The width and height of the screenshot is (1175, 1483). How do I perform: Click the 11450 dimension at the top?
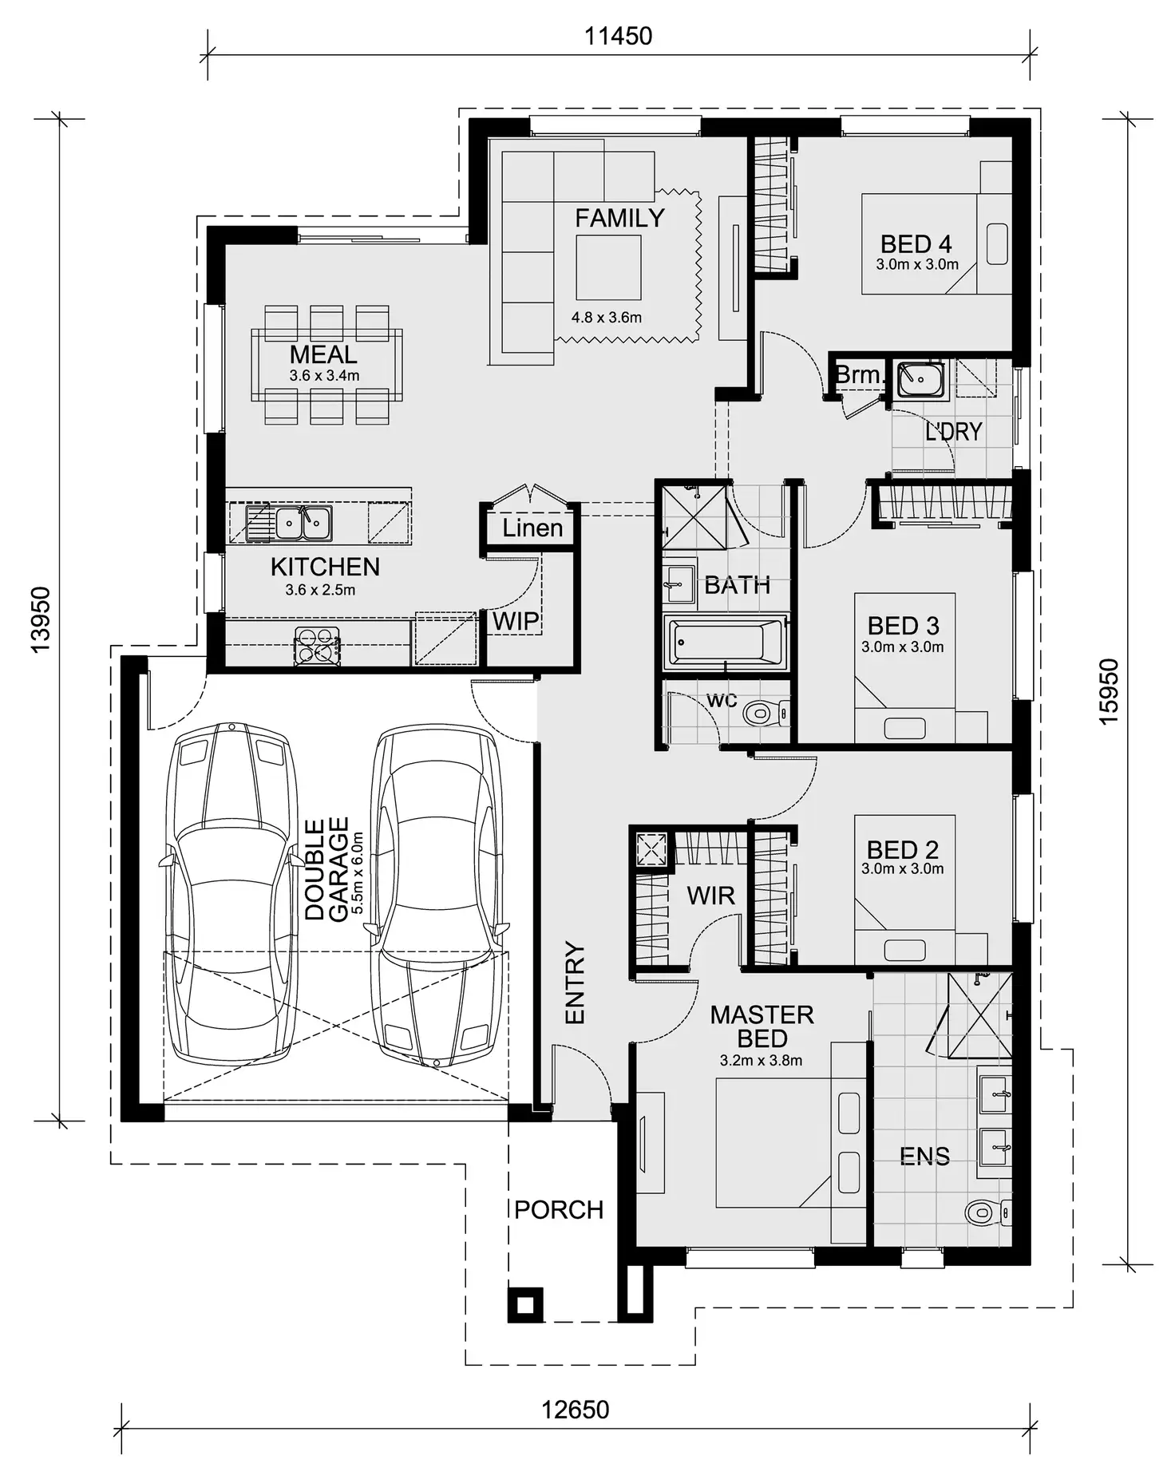pos(618,36)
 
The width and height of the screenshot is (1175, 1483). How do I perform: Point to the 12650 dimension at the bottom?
pos(575,1410)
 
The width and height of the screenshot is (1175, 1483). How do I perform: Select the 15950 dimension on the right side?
pos(1110,691)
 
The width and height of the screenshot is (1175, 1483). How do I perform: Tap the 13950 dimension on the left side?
pos(40,619)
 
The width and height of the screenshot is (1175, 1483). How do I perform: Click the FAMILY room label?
pos(619,218)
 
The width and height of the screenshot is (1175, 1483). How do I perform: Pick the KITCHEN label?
pos(325,567)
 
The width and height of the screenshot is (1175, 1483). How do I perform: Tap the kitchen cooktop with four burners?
pos(317,646)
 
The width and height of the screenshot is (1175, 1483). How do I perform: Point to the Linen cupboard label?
pos(532,528)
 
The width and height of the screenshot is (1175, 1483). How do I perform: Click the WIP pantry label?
pos(515,621)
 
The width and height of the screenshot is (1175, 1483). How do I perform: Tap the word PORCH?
pos(559,1210)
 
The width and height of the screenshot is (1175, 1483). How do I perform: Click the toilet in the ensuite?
pos(981,1214)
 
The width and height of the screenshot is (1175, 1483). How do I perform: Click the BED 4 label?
pos(916,243)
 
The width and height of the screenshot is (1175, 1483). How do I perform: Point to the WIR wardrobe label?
pos(710,896)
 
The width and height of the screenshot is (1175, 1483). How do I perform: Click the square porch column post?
pos(525,1305)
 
